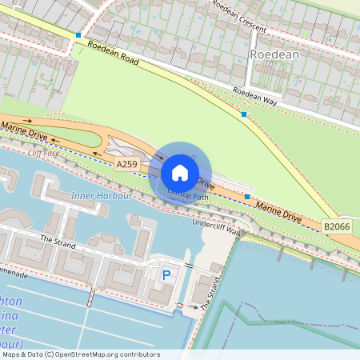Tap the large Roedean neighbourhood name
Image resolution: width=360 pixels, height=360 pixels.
(x=274, y=54)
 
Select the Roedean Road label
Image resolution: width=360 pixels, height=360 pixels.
(x=114, y=53)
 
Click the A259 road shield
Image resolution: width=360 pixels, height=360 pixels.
(x=126, y=164)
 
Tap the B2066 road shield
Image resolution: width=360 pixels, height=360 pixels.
(x=337, y=227)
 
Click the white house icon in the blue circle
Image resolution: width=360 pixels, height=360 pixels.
(x=180, y=173)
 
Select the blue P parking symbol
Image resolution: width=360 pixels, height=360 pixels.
(x=167, y=275)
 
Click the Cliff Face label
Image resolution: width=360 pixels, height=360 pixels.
(x=44, y=152)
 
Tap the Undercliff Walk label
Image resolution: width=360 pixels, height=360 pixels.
(x=217, y=226)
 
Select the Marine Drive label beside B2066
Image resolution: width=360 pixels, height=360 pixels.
(x=278, y=212)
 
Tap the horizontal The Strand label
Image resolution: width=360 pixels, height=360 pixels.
(x=57, y=240)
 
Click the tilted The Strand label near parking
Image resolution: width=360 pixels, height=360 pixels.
(x=210, y=294)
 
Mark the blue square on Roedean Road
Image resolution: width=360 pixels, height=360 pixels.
(x=78, y=35)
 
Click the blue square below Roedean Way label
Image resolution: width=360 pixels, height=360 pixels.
(x=244, y=114)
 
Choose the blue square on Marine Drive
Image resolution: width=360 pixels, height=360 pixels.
(x=247, y=197)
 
